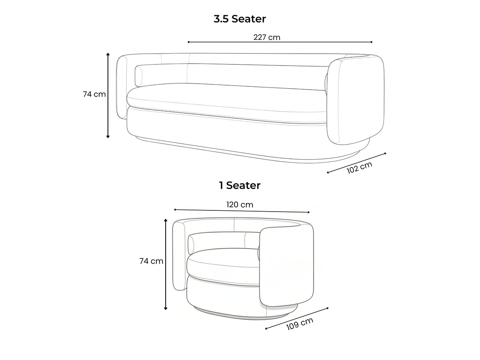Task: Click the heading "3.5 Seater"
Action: click(x=240, y=19)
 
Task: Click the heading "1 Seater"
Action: click(x=240, y=185)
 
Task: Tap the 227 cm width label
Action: click(x=267, y=37)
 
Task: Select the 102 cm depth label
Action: click(x=360, y=168)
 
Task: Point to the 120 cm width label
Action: click(x=240, y=204)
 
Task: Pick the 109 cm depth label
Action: click(x=300, y=324)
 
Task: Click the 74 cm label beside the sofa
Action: click(x=94, y=94)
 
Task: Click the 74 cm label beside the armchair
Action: click(x=151, y=261)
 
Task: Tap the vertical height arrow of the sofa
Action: click(x=108, y=95)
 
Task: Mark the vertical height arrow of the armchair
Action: click(x=166, y=264)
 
